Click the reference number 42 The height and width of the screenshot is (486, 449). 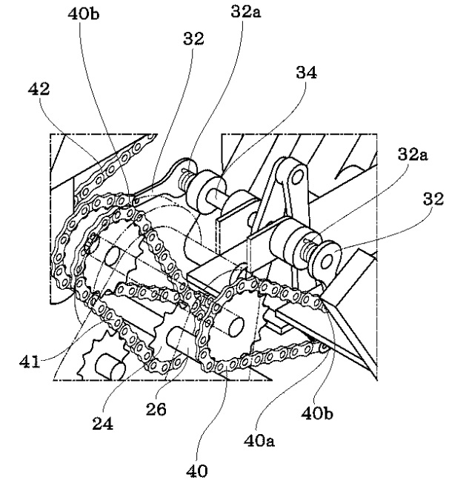click(39, 89)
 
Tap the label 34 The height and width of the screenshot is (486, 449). click(306, 73)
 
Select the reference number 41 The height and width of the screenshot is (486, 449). click(30, 362)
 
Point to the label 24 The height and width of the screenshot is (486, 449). click(103, 423)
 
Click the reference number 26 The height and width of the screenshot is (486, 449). click(156, 409)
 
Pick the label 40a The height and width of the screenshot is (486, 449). click(259, 440)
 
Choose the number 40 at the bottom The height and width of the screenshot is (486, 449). click(197, 471)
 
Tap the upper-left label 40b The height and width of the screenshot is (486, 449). click(84, 14)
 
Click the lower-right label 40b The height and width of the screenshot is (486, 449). click(317, 413)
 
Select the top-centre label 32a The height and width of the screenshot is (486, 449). click(245, 12)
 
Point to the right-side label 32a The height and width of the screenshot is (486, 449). click(413, 154)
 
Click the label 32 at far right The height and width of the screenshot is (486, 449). click(433, 199)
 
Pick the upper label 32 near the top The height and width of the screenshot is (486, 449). click(193, 39)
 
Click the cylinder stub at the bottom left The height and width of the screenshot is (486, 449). click(110, 367)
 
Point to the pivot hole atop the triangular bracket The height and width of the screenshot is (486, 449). click(297, 176)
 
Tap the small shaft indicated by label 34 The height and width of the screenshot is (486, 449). click(215, 196)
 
